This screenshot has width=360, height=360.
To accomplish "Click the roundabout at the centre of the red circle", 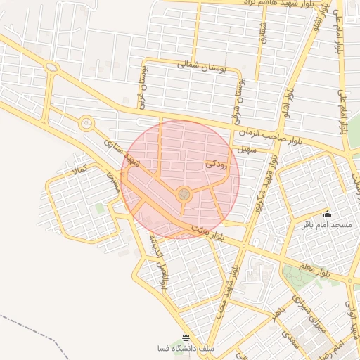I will tap(184, 193).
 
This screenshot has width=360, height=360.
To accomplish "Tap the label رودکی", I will tap(216, 165).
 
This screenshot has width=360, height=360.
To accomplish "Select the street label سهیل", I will tap(244, 148).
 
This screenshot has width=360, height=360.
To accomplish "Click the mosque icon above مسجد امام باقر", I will tap(327, 214).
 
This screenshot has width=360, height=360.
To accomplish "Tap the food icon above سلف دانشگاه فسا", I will tap(186, 337).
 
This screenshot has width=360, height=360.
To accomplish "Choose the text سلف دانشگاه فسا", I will tap(186, 349).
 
